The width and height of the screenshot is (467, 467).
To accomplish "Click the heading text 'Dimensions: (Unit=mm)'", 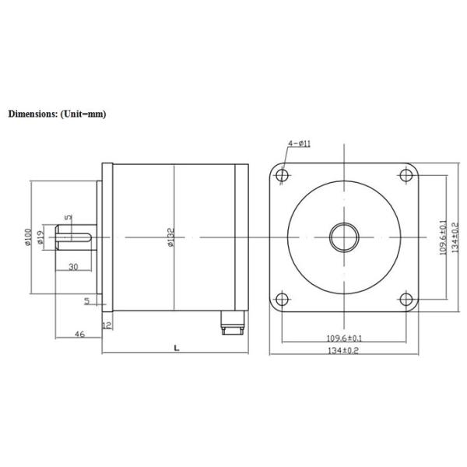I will (x=57, y=114).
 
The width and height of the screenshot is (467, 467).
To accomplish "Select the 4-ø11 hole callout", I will (x=300, y=144).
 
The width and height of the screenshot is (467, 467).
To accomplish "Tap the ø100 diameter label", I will (x=29, y=237).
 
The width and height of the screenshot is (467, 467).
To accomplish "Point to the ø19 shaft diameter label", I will (x=40, y=239).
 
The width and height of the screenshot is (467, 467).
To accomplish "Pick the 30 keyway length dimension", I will (x=73, y=266).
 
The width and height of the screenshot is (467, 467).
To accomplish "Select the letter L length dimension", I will (x=176, y=348).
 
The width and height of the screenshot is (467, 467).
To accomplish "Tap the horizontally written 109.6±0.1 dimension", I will (x=343, y=338).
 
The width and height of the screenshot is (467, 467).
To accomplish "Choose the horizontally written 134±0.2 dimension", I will (x=343, y=352).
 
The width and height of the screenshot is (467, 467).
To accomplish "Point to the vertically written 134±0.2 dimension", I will (x=455, y=237).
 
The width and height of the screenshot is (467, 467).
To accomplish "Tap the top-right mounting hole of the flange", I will (x=406, y=175).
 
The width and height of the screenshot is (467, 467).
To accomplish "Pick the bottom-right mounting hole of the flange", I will (x=406, y=299).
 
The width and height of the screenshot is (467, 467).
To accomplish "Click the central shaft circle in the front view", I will (x=343, y=237).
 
